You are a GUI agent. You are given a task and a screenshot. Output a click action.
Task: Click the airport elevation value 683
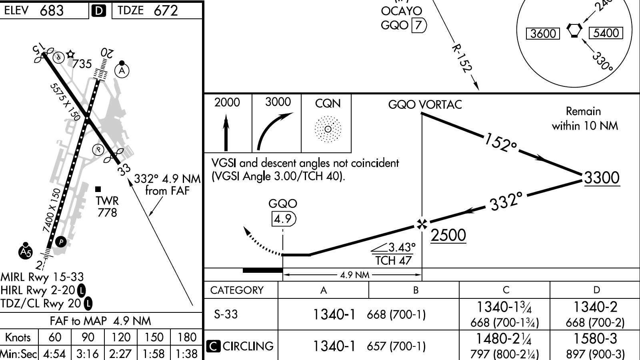click(x=52, y=10)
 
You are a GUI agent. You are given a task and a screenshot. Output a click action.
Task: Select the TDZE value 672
click(x=166, y=10)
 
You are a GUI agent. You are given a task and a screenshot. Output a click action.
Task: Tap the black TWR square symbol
click(x=98, y=189)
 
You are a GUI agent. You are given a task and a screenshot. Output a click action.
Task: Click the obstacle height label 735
click(x=82, y=64)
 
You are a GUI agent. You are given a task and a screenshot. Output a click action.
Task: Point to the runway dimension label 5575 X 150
click(x=65, y=102)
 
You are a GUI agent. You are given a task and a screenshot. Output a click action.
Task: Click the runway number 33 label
click(x=124, y=170)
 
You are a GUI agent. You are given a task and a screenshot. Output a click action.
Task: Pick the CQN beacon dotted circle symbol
click(x=328, y=129)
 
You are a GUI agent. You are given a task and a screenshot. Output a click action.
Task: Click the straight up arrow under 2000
click(x=226, y=132)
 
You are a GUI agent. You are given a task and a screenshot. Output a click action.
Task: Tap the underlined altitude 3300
click(x=602, y=178)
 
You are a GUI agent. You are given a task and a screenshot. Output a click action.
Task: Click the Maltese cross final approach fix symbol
click(x=422, y=224)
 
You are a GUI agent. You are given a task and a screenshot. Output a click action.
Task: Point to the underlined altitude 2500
click(x=448, y=235)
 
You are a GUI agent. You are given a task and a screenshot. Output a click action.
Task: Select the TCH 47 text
click(x=394, y=261)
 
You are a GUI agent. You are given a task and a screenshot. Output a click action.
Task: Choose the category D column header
click(x=596, y=290)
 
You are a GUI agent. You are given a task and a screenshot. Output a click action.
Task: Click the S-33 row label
click(x=226, y=314)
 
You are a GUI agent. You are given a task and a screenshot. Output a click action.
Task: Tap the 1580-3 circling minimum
click(x=595, y=339)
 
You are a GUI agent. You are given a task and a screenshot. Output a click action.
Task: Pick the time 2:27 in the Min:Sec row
click(x=121, y=354)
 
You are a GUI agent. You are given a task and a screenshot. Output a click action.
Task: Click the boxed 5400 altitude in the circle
click(x=606, y=33)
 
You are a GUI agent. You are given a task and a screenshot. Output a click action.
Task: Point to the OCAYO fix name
click(x=401, y=11)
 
